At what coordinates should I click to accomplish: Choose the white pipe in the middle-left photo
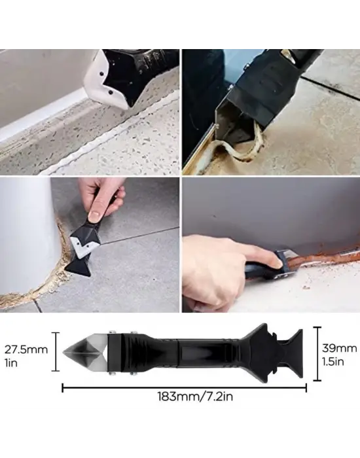(23, 236)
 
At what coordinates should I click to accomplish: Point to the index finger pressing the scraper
(223, 255)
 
